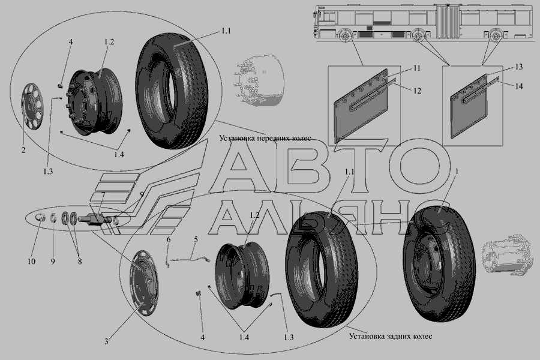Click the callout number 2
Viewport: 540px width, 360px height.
click(23, 150)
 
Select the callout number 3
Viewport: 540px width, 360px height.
click(106, 341)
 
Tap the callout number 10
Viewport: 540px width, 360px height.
click(31, 262)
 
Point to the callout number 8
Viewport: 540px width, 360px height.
click(80, 262)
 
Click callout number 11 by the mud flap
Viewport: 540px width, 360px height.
click(417, 68)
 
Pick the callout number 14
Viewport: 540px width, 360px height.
click(519, 86)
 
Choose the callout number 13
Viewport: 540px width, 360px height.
click(518, 67)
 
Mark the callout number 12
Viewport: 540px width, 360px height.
click(417, 91)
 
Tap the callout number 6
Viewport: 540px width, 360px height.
click(169, 239)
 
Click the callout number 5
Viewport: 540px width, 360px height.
click(196, 239)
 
